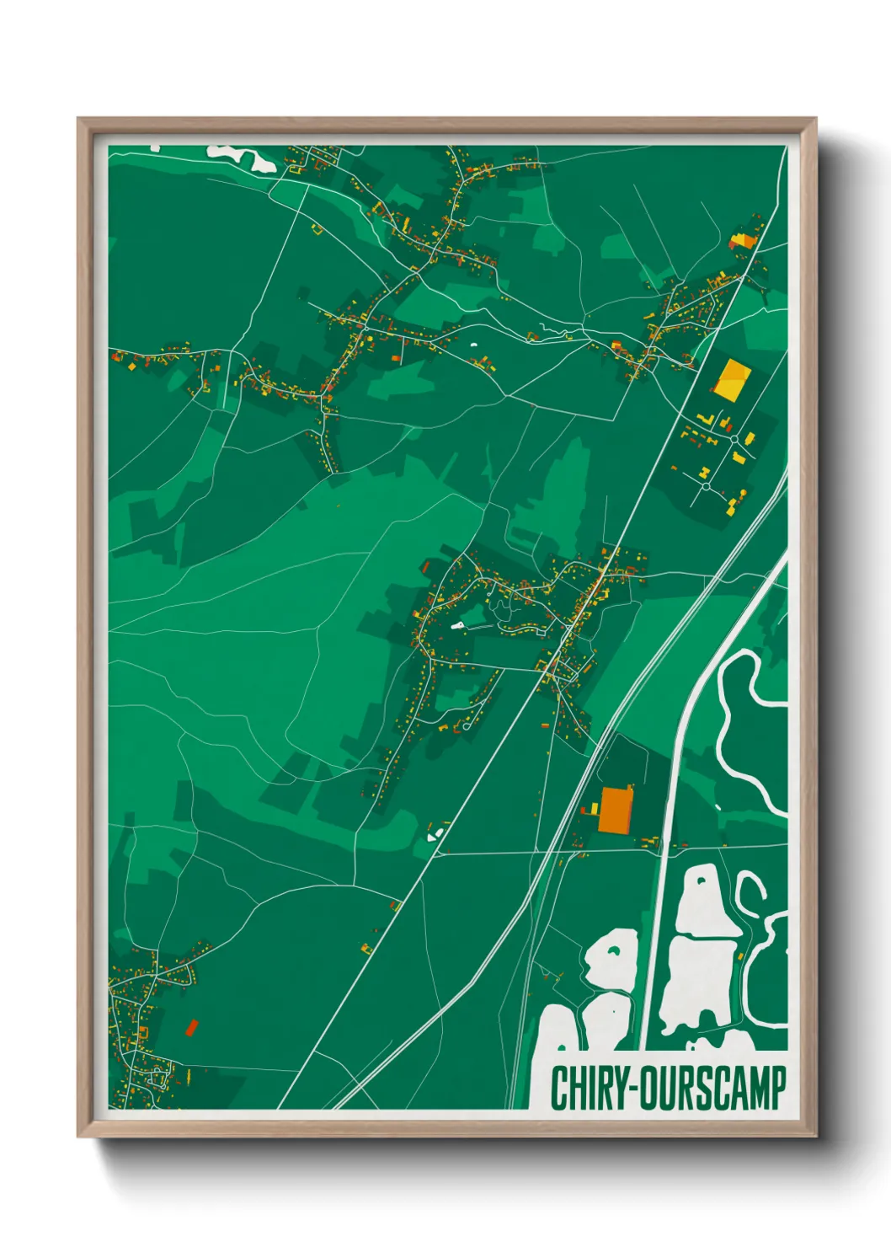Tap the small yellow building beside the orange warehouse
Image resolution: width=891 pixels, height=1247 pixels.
click(x=593, y=809)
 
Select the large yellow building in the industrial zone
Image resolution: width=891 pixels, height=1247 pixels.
click(x=732, y=378)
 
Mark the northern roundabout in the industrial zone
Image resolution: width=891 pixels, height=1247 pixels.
click(x=735, y=439)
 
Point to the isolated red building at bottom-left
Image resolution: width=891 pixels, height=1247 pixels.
click(x=191, y=1027)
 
